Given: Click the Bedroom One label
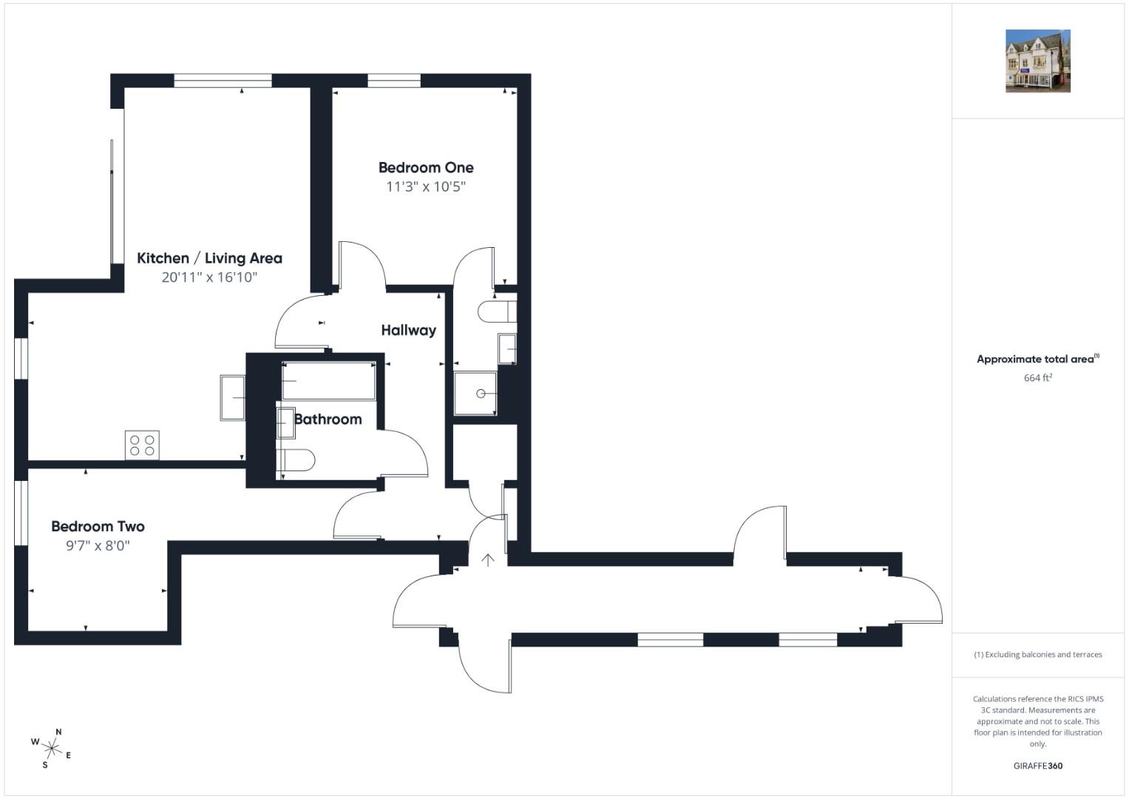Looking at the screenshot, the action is coord(426,167).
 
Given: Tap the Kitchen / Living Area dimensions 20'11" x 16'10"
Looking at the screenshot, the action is coord(209,277).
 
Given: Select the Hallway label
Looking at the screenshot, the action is coord(408,331).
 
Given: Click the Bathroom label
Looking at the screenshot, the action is coord(328,419).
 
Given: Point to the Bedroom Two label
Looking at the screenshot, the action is coord(98,527).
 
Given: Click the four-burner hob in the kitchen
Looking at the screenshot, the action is coord(142,445).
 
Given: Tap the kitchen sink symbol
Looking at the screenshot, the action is coord(232,398).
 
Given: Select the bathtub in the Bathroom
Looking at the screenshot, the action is coord(328,381).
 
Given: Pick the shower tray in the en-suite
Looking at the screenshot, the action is coord(475,394).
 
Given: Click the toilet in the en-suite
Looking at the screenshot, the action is coord(497,311).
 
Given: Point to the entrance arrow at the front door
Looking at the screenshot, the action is coord(487,560).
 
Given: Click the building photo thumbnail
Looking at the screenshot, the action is coord(1038,61).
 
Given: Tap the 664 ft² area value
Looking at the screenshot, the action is coord(1038,378).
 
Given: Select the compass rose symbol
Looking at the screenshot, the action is coord(52,749).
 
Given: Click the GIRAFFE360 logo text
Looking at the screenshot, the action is coord(1038,766).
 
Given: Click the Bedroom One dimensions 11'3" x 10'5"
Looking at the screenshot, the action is coord(426,187).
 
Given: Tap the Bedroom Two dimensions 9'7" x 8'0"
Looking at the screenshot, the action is coord(98,546).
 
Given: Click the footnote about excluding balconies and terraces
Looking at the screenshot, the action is coord(1038,655).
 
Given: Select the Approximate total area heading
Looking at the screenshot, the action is coord(1038,359).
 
